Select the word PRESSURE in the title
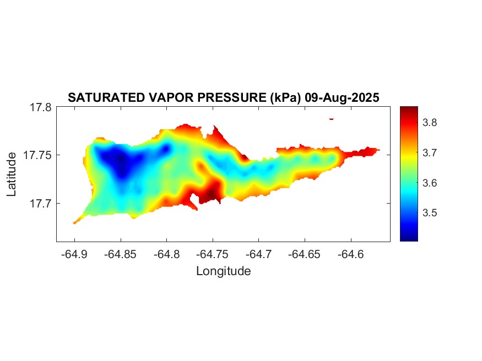[x=234, y=98]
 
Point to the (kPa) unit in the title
[x=282, y=98]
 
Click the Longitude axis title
[x=223, y=271]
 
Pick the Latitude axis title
[x=12, y=175]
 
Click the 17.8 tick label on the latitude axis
[x=40, y=108]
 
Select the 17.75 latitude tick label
[x=37, y=155]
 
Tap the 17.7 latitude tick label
[x=40, y=203]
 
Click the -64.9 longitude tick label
[x=74, y=254]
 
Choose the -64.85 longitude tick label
[x=121, y=254]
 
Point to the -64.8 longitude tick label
[x=166, y=254]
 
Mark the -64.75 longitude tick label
[x=213, y=254]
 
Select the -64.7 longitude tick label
[x=259, y=254]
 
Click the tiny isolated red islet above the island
[x=332, y=118]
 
